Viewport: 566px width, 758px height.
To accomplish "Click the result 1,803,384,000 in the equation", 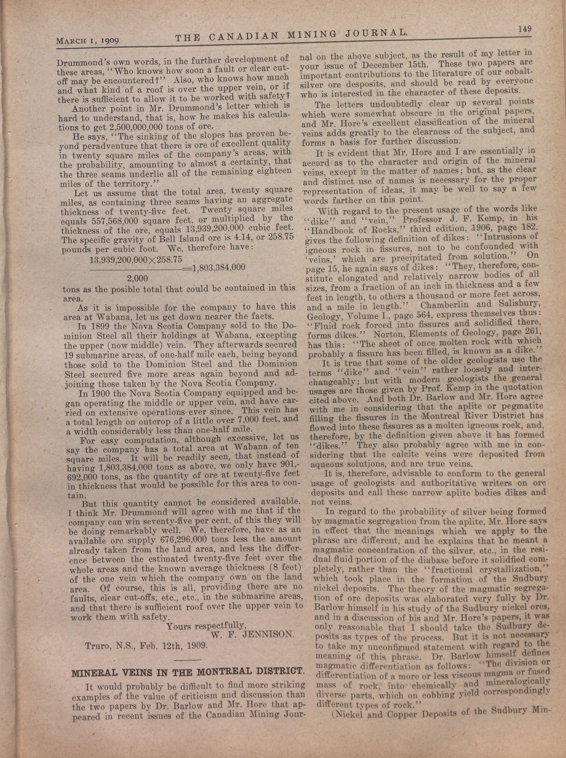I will point(219,268).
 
